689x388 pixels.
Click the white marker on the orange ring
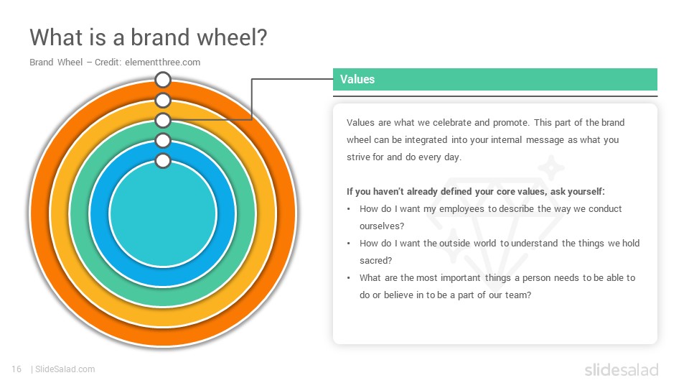click(163, 80)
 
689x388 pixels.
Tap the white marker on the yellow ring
click(163, 101)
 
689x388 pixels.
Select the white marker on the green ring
click(163, 120)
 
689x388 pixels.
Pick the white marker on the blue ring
click(163, 141)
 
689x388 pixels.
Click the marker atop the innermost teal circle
click(163, 161)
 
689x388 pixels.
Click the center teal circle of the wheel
click(163, 214)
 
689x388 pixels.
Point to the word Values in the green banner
click(357, 79)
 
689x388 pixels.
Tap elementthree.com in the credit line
click(163, 63)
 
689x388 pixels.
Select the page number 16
click(17, 369)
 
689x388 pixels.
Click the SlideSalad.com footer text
click(65, 369)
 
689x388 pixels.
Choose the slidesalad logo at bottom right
click(622, 369)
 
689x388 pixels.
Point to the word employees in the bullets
click(461, 209)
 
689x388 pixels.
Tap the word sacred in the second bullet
click(374, 260)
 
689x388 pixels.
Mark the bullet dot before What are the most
click(349, 278)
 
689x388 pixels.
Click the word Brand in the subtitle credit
click(42, 63)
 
